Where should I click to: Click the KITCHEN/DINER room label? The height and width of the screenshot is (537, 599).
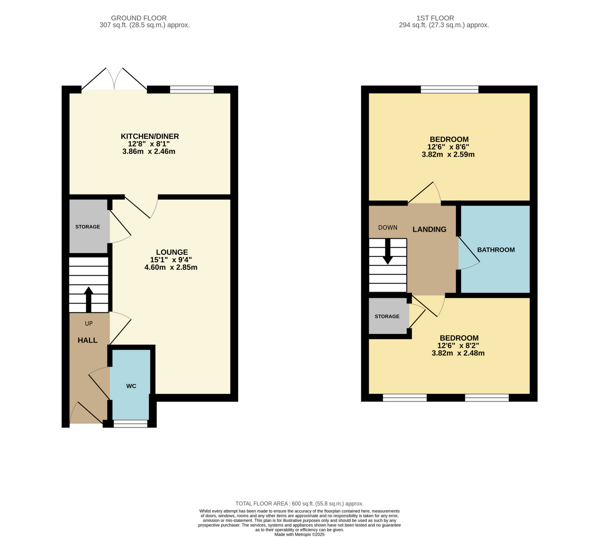click(x=150, y=136)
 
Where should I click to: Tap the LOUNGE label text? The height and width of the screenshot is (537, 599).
click(x=172, y=252)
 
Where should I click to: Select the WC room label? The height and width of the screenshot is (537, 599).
click(x=131, y=386)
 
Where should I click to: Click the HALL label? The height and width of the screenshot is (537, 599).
click(x=88, y=340)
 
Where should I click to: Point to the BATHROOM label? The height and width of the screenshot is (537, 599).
click(x=496, y=250)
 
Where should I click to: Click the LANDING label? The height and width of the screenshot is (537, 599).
click(x=429, y=229)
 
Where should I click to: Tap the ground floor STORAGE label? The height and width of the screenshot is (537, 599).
click(x=88, y=227)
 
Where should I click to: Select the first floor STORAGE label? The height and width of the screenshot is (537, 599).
click(x=387, y=316)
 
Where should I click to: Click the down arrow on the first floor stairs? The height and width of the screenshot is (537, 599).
click(x=388, y=251)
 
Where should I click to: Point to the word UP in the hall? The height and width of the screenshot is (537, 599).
click(x=89, y=323)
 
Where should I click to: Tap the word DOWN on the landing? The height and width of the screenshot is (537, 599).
click(x=388, y=228)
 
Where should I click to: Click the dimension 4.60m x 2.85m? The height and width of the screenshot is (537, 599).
click(x=171, y=267)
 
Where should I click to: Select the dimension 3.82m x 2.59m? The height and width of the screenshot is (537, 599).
click(x=448, y=154)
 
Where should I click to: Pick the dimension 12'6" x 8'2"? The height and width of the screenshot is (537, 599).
click(x=458, y=345)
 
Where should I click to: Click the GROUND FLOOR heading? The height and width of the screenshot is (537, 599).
click(x=139, y=18)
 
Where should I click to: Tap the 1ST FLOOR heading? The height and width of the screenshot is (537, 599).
click(x=435, y=18)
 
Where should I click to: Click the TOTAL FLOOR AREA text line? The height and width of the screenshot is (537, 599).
click(x=299, y=503)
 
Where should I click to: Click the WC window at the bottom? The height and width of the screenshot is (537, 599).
click(x=130, y=424)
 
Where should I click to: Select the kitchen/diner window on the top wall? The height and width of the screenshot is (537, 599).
click(x=192, y=89)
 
